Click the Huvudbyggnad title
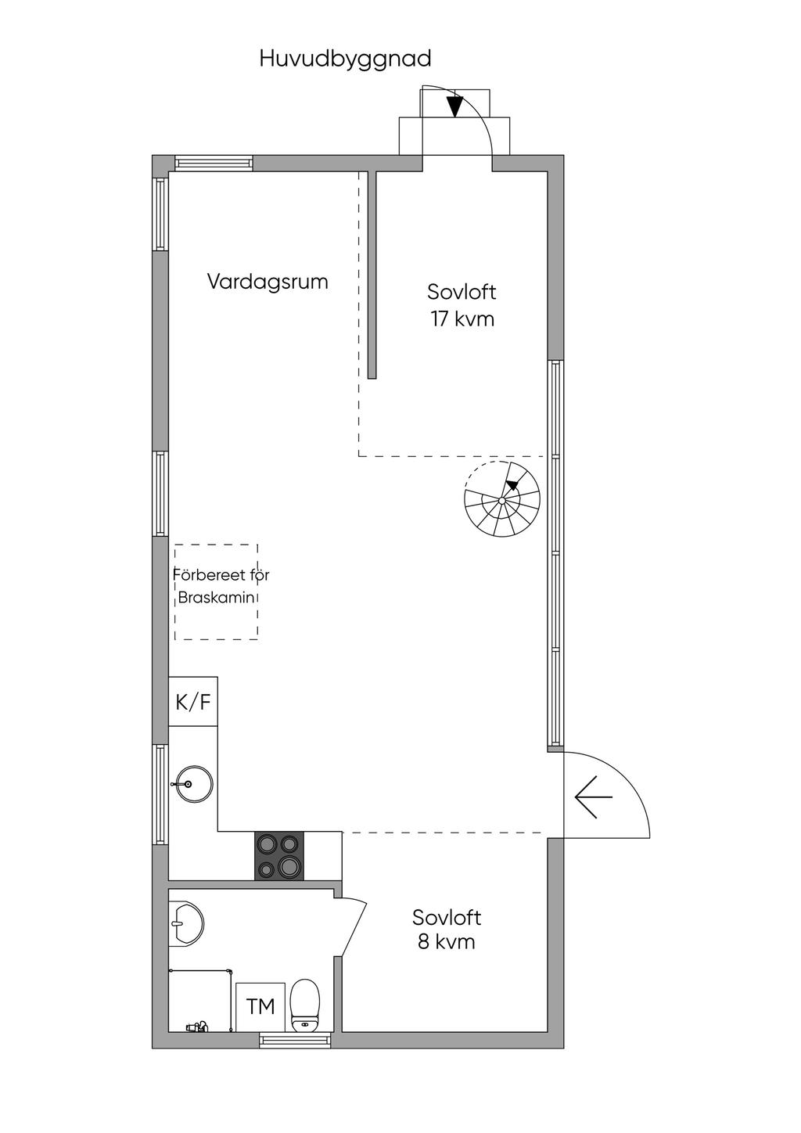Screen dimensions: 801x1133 (x=345, y=59)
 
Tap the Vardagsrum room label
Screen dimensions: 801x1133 (x=268, y=282)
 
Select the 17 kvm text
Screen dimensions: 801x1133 (x=462, y=319)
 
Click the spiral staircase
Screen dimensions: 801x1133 (x=501, y=500)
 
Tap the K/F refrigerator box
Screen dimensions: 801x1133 (x=192, y=702)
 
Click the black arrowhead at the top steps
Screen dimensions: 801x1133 (x=455, y=106)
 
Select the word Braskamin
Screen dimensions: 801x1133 (x=216, y=597)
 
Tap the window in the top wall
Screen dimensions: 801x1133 (x=214, y=164)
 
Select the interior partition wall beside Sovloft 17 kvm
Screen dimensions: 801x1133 (x=372, y=275)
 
